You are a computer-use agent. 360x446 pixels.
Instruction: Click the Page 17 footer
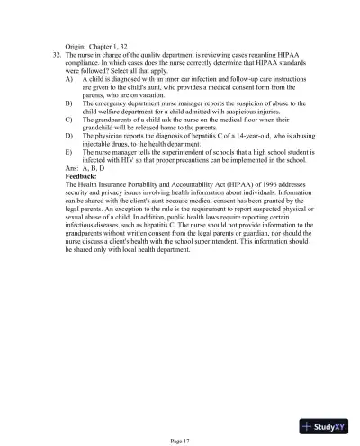(180, 439)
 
